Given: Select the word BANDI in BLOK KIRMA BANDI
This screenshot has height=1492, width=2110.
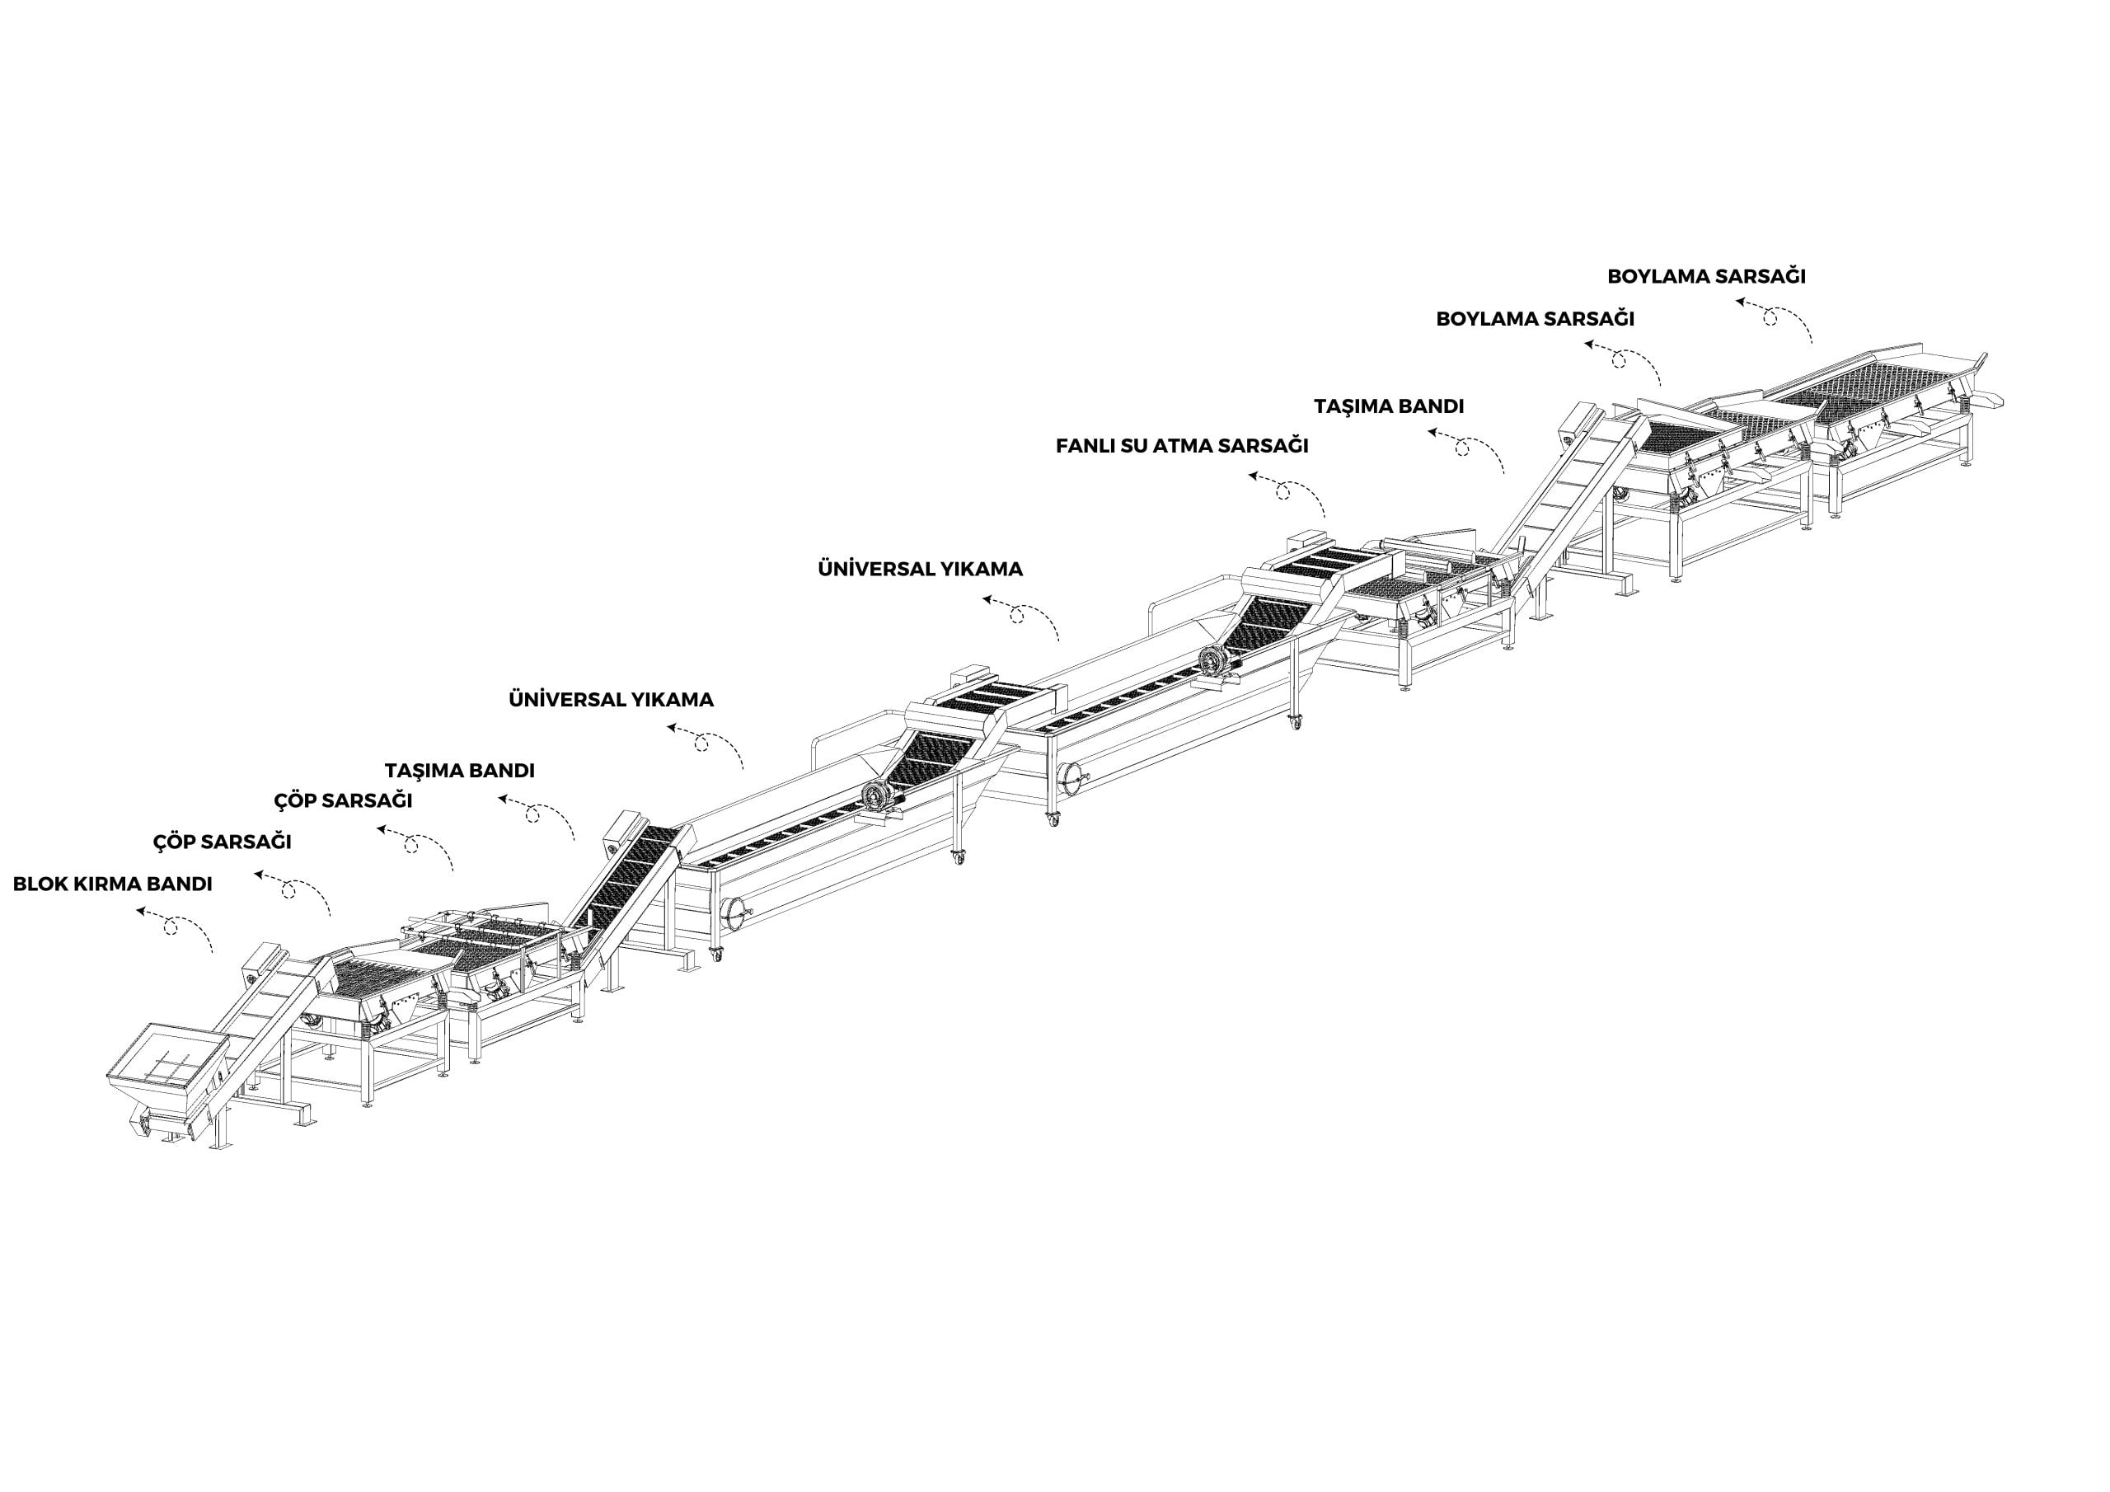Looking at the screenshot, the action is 177,884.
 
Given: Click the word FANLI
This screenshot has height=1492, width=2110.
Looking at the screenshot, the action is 1085,446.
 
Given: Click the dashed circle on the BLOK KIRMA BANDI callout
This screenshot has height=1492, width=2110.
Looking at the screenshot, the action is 170,927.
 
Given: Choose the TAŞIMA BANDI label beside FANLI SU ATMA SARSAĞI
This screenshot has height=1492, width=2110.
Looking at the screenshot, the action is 1389,406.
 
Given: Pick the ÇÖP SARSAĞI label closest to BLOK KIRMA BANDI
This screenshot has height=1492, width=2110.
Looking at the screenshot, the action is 222,841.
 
